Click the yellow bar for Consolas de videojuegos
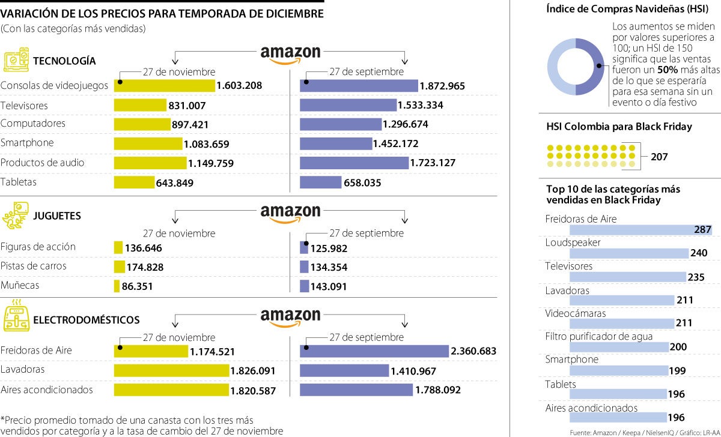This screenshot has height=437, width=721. pyautogui.click(x=164, y=86)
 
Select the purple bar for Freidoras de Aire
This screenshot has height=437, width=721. pyautogui.click(x=374, y=351)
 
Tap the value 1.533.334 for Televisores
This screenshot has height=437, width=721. pyautogui.click(x=421, y=106)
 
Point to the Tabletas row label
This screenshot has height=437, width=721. pyautogui.click(x=19, y=182)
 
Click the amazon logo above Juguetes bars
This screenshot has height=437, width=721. pyautogui.click(x=290, y=212)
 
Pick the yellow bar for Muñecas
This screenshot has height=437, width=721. pyautogui.click(x=117, y=287)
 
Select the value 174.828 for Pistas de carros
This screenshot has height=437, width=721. pyautogui.click(x=145, y=267)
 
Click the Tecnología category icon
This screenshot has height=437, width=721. pyautogui.click(x=16, y=61)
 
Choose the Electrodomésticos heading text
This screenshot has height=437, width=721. pyautogui.click(x=87, y=320)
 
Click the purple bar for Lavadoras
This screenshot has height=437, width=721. pyautogui.click(x=344, y=371)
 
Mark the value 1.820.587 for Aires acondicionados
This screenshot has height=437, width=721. pyautogui.click(x=253, y=391)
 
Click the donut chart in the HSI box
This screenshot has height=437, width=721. pyautogui.click(x=575, y=67)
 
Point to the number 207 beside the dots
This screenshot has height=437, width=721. pyautogui.click(x=659, y=157)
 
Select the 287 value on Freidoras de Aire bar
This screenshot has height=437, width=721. pyautogui.click(x=702, y=230)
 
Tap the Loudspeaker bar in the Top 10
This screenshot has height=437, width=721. pyautogui.click(x=628, y=253)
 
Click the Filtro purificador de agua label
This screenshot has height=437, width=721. pyautogui.click(x=598, y=337)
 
